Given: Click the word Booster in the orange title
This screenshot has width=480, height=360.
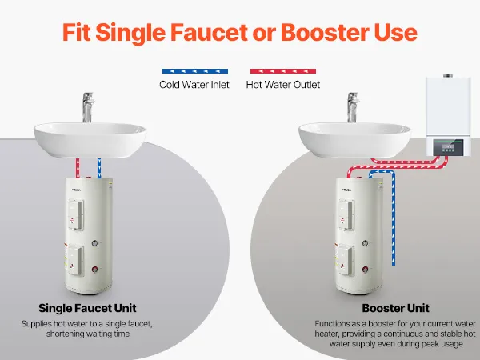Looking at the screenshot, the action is pyautogui.click(x=325, y=33).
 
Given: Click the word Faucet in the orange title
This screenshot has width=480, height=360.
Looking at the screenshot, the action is pyautogui.click(x=209, y=33).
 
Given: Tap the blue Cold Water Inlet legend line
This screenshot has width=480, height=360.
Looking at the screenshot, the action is pyautogui.click(x=195, y=71).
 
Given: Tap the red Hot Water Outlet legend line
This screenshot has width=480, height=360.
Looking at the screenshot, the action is pyautogui.click(x=283, y=71).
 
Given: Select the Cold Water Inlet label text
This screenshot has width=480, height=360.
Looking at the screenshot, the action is pyautogui.click(x=194, y=85).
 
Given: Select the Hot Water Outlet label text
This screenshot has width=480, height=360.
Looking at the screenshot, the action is pyautogui.click(x=283, y=85).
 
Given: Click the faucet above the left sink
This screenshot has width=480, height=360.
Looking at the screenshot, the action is pyautogui.click(x=88, y=107).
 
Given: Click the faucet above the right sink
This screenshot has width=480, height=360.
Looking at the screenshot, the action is pyautogui.click(x=353, y=107).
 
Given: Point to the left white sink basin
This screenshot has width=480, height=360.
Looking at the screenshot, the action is pyautogui.click(x=90, y=140).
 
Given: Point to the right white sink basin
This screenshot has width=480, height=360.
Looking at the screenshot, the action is pyautogui.click(x=354, y=140).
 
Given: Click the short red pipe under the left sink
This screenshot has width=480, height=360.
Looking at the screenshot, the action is pyautogui.click(x=78, y=168).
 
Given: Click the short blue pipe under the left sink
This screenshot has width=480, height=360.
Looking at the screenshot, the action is pyautogui.click(x=99, y=168).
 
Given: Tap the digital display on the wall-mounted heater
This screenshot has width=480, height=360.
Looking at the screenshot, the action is pyautogui.click(x=452, y=146).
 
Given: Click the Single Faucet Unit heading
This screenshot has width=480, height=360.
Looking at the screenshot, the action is pyautogui.click(x=87, y=308).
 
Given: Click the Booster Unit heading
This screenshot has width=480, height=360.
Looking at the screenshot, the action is pyautogui.click(x=395, y=308).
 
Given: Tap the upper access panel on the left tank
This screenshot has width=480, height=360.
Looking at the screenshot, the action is pyautogui.click(x=76, y=214).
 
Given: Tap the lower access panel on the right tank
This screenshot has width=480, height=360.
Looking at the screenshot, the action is pyautogui.click(x=346, y=260).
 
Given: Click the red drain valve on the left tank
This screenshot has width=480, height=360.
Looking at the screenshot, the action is pyautogui.click(x=95, y=270).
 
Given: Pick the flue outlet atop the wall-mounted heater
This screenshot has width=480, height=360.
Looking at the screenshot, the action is pyautogui.click(x=448, y=75).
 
